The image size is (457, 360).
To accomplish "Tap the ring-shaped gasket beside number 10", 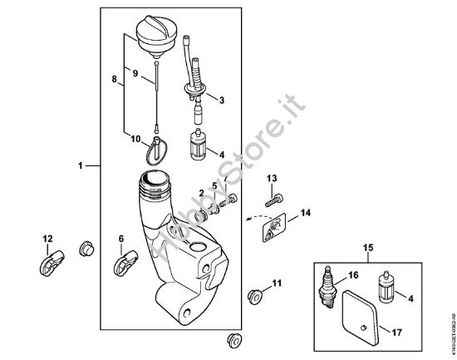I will [158, 151].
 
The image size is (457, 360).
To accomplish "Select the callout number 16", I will [353, 274].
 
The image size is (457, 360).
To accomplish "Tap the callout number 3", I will [220, 100].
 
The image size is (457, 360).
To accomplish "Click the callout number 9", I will [135, 73].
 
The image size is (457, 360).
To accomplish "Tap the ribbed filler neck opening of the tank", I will [155, 179].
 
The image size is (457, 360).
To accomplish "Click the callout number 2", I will [202, 194].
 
